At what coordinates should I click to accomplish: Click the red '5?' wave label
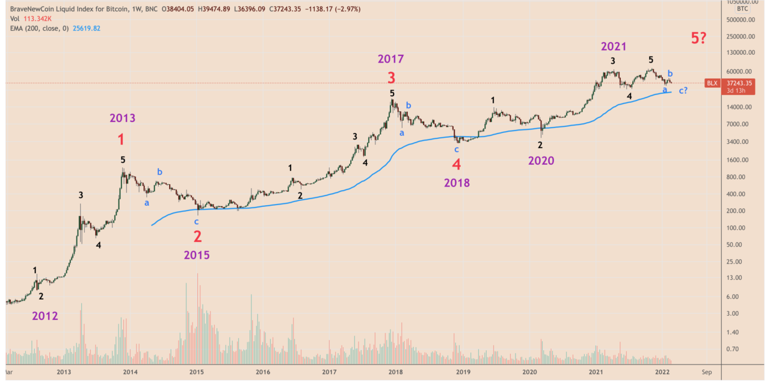tap(698, 38)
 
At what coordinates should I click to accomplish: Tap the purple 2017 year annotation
tap(391, 59)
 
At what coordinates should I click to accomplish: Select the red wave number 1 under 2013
tap(122, 140)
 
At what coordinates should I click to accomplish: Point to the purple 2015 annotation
tap(197, 255)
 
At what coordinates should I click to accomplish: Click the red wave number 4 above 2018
tap(457, 164)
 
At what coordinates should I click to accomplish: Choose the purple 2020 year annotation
tap(541, 161)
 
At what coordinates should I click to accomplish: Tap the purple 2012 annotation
tap(45, 315)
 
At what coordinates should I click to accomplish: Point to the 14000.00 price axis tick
tap(741, 107)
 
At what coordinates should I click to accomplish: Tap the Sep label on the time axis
tap(707, 372)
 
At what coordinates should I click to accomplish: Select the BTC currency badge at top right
tap(742, 8)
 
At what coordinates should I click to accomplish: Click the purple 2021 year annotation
tap(613, 46)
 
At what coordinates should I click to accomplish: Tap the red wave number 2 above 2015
tap(197, 236)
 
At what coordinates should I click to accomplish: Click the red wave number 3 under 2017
tap(391, 78)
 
